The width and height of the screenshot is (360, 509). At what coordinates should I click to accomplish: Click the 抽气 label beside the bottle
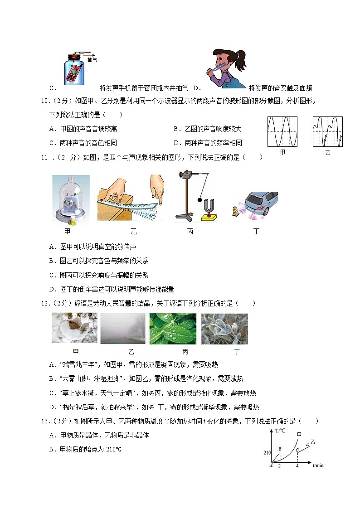click(x=92, y=60)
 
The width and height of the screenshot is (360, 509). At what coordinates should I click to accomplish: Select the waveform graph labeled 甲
click(x=282, y=131)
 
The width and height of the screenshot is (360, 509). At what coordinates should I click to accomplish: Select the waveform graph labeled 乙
click(x=327, y=131)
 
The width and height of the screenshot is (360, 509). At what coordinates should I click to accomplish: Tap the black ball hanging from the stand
click(x=200, y=199)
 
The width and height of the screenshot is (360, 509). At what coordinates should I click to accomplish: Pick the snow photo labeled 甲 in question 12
click(x=74, y=328)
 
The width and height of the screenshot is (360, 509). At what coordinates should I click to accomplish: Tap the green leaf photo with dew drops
click(x=173, y=328)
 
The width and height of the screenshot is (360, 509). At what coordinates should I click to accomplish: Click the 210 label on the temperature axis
click(x=266, y=452)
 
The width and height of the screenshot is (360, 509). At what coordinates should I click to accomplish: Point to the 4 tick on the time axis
click(x=297, y=466)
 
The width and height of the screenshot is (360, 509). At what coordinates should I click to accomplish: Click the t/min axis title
click(x=318, y=465)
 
